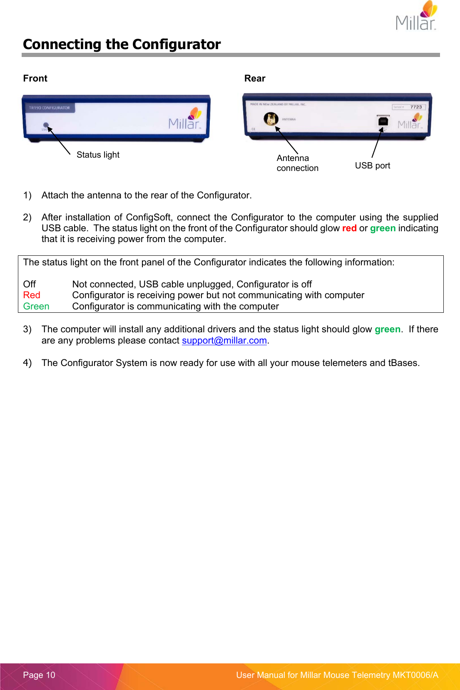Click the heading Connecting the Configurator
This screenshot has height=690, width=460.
122,44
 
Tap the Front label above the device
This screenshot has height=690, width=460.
35,78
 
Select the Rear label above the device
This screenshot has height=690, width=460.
255,78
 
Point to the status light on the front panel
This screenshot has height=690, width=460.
46,125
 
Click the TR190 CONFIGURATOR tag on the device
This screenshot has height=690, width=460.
49,108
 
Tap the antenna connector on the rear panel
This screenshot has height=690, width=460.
271,119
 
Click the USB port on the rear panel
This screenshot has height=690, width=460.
383,121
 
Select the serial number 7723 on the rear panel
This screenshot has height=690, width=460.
416,107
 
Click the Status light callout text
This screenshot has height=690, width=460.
98,155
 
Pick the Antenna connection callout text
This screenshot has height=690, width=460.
297,163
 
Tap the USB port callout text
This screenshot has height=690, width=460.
372,166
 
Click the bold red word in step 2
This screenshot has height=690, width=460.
349,228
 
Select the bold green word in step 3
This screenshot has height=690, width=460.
387,329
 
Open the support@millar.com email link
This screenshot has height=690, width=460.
224,340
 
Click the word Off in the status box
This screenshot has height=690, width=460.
30,284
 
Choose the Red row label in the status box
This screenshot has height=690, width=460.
32,295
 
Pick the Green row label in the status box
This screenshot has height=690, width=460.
36,306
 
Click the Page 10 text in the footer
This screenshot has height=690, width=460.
39,675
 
